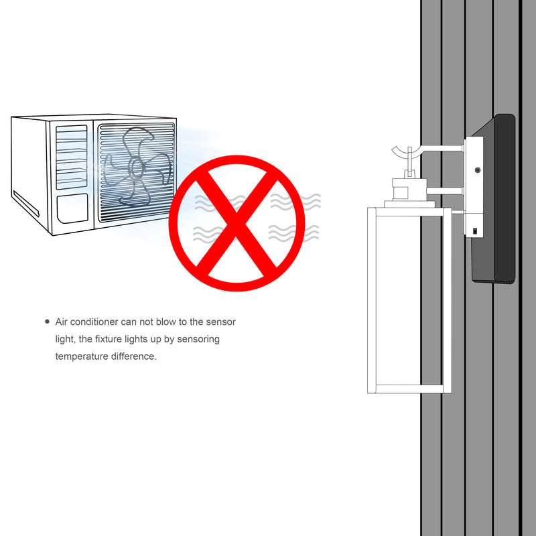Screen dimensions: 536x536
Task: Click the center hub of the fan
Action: [x=136, y=167]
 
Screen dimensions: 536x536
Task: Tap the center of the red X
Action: [x=237, y=223]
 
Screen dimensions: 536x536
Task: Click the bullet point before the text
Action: [x=47, y=322]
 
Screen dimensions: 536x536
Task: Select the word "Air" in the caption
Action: [x=61, y=322]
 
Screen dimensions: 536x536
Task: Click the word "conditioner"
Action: [x=94, y=322]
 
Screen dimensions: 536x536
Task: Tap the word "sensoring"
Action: [x=198, y=340]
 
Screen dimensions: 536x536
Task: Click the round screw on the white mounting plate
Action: [x=478, y=170]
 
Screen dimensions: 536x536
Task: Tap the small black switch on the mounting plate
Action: [x=475, y=230]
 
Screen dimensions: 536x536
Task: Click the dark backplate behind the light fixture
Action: [x=493, y=198]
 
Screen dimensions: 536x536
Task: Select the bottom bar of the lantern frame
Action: [x=409, y=389]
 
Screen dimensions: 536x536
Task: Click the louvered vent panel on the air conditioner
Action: [x=72, y=157]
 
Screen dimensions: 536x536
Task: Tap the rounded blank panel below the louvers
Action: [x=72, y=208]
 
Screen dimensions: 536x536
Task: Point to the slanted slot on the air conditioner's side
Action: [x=26, y=204]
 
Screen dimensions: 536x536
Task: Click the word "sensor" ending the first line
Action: [x=221, y=322]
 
